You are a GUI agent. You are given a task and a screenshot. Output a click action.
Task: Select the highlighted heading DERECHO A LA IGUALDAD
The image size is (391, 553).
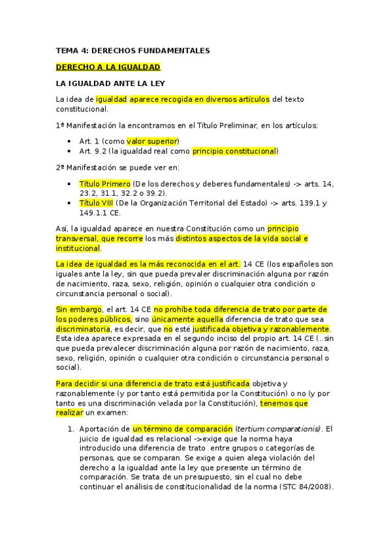pos(108,67)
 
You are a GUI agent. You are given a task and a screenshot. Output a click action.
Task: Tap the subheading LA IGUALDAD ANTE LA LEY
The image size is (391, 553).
pos(110,83)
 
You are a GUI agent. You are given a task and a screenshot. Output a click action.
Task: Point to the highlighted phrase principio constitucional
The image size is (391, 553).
pos(234,151)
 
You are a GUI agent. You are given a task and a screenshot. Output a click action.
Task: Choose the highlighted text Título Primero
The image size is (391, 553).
pos(104,184)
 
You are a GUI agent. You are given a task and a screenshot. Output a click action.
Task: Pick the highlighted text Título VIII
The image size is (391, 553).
pos(100,203)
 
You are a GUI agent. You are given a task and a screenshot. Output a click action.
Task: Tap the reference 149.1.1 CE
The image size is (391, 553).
pos(100,212)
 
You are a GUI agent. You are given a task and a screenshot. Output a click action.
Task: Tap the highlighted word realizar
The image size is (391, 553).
pos(70,413)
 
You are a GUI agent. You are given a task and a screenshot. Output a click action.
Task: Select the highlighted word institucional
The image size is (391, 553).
pos(78,248)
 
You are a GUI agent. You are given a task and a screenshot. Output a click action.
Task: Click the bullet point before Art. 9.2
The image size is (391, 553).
pos(70,151)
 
